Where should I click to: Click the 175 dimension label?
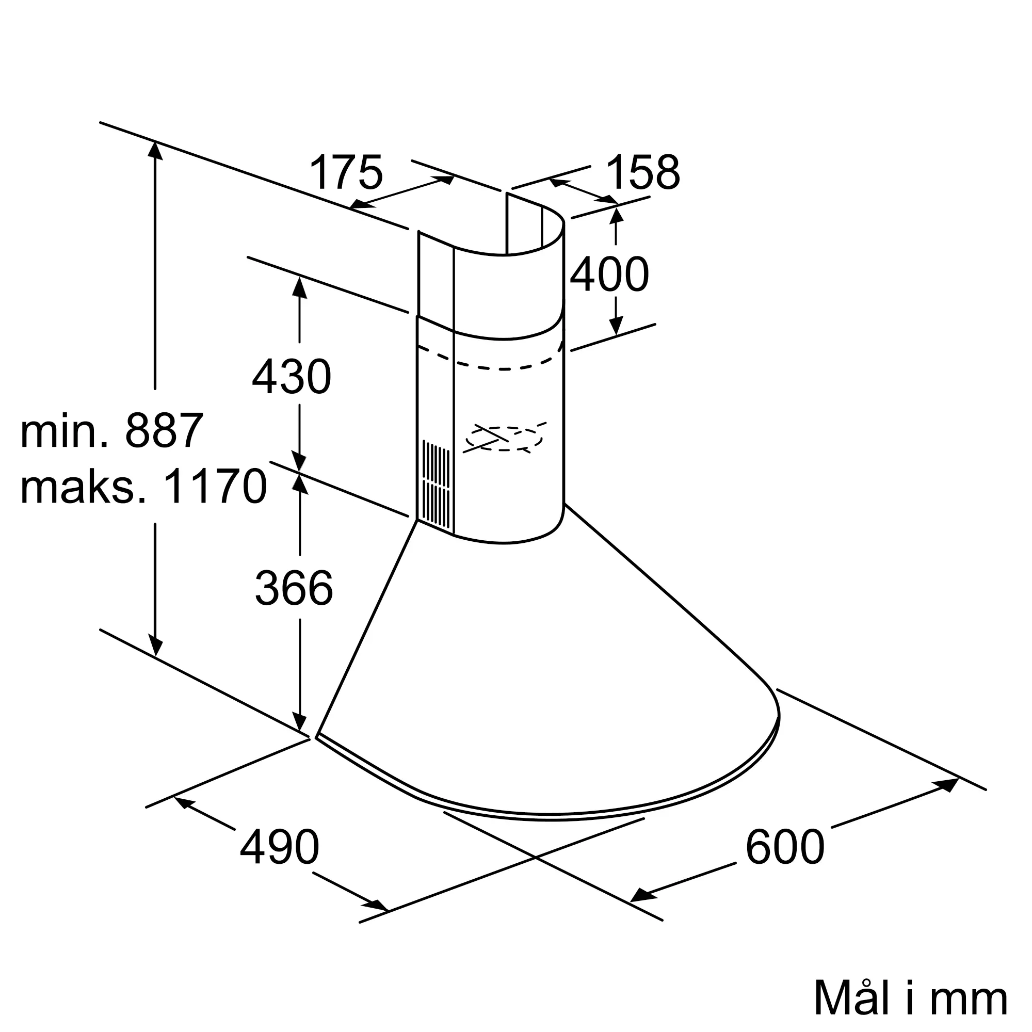[346, 172]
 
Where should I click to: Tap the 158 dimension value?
[643, 172]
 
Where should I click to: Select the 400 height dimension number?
[609, 275]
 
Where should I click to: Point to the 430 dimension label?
[292, 377]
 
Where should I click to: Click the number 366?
[294, 588]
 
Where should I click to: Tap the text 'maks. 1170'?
[143, 487]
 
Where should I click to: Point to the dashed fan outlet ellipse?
[504, 439]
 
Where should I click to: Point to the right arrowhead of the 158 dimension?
[609, 200]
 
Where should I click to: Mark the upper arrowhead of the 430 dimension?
[300, 288]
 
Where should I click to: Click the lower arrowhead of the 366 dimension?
[300, 723]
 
